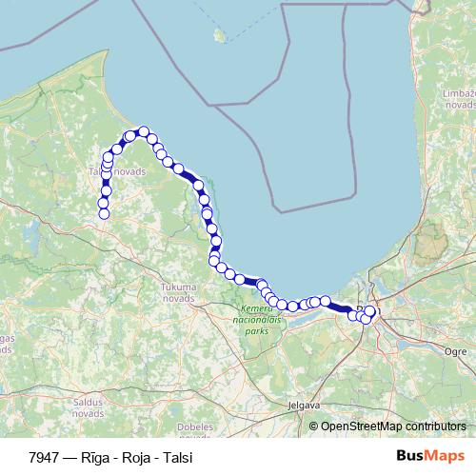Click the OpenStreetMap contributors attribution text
(393, 426)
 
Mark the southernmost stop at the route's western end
(104, 214)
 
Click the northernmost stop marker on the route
(144, 131)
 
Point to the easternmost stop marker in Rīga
(370, 311)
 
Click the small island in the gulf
(221, 36)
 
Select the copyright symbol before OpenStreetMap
(314, 426)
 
